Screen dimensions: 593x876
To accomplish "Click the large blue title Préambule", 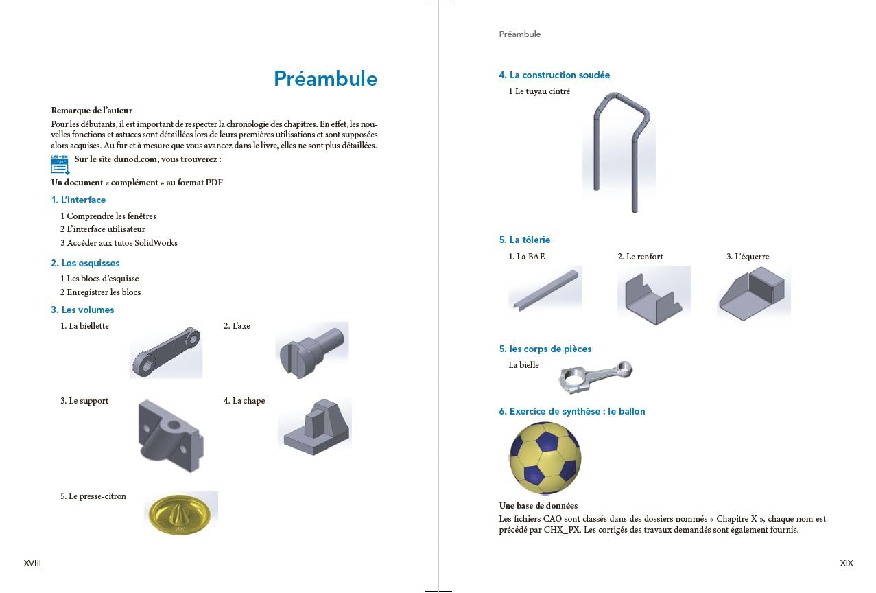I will [325, 78].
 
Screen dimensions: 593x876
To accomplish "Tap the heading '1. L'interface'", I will [78, 200].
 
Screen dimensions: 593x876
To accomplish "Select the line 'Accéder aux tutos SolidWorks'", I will [121, 242].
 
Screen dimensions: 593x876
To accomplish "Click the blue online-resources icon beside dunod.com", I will [60, 165].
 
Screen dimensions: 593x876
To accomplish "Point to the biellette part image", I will [166, 351].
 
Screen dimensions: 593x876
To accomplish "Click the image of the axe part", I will [312, 349].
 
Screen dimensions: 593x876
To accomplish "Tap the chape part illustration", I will [315, 426].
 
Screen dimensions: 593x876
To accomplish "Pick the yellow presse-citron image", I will [181, 513].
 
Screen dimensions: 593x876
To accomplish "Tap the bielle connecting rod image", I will [595, 377].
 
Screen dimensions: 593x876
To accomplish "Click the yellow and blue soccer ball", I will [545, 458].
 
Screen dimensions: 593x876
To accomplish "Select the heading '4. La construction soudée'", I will [554, 75].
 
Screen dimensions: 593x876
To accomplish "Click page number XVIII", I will [32, 563].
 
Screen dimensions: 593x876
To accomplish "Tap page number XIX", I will [847, 563].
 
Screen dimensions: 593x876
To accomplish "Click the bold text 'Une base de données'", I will [538, 506].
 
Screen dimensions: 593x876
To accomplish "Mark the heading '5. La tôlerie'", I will [525, 240].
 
